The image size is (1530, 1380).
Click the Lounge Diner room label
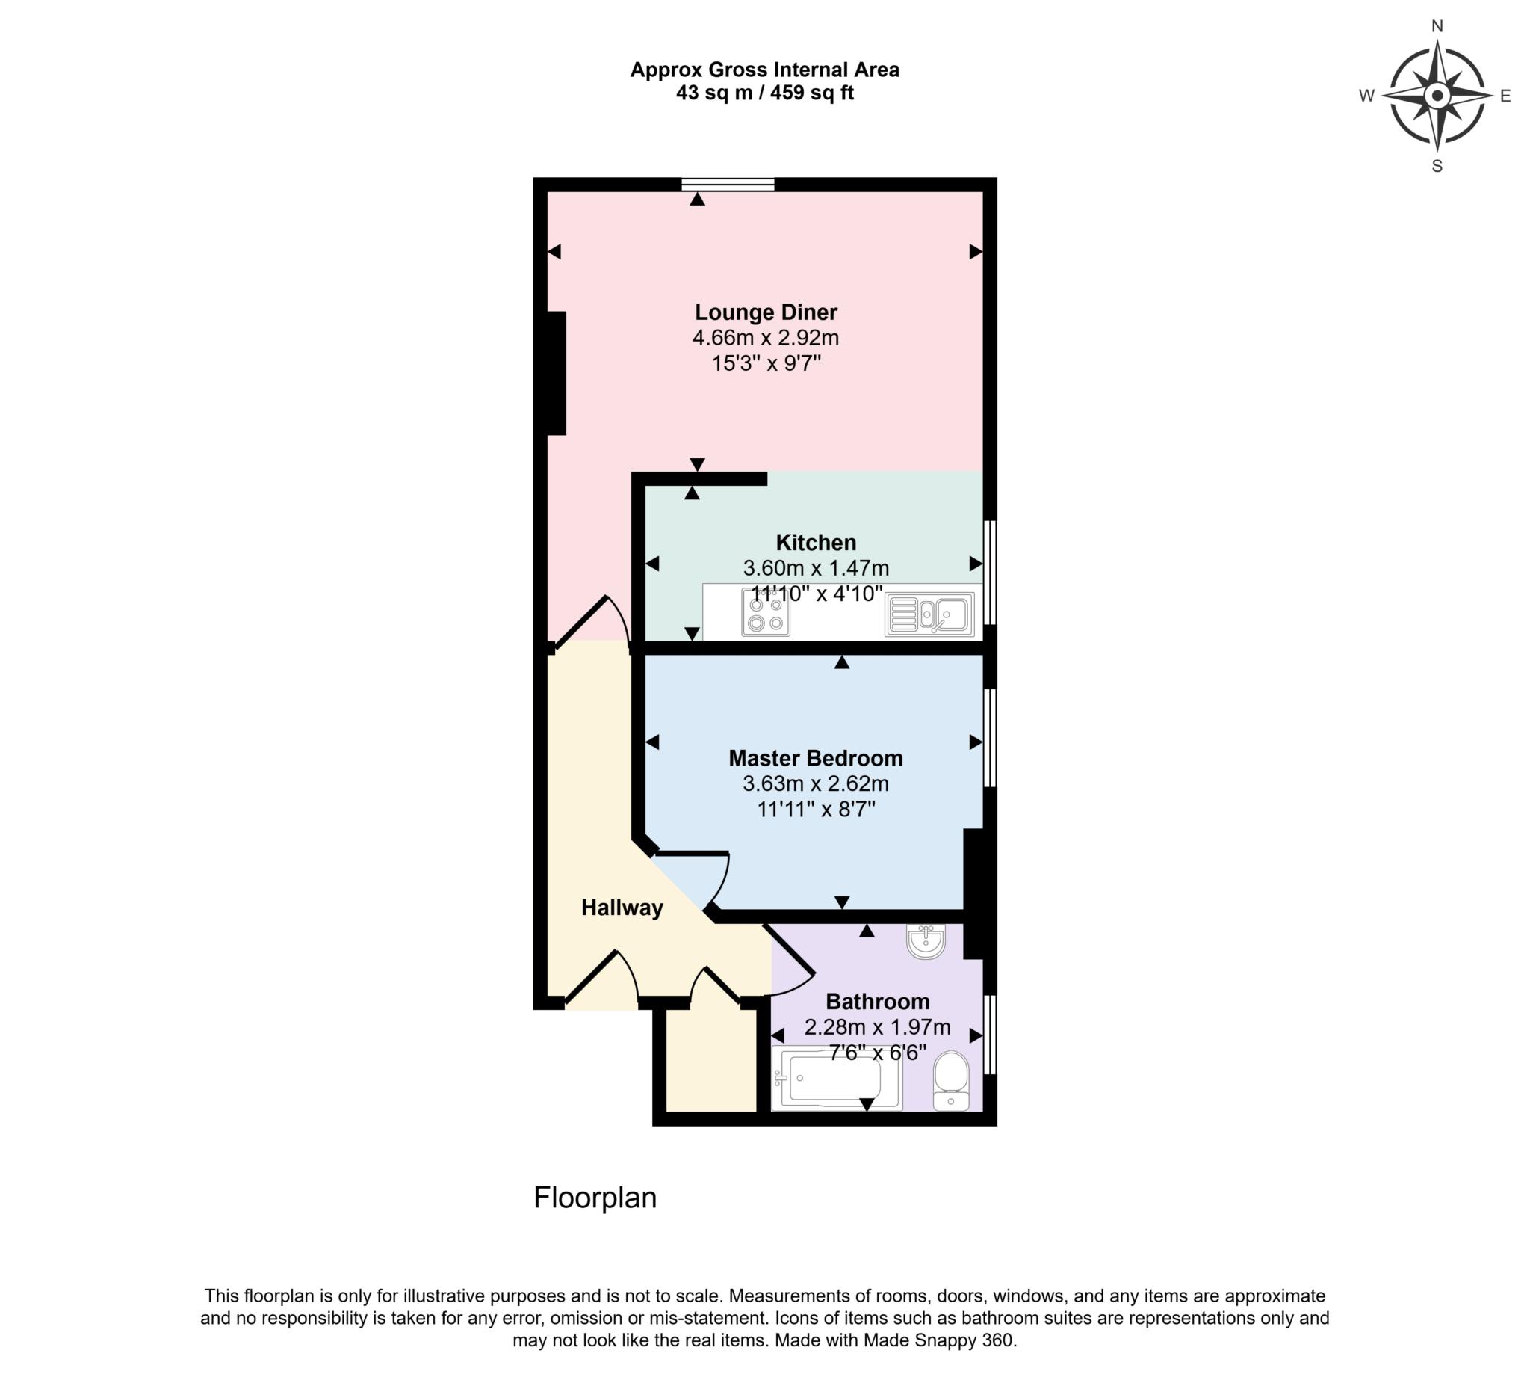click(x=766, y=312)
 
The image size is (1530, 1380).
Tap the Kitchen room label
click(x=815, y=542)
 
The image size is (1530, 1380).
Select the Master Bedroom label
click(x=815, y=757)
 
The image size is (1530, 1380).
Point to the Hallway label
click(x=622, y=908)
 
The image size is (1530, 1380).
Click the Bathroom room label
click(x=877, y=1002)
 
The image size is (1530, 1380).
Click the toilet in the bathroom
click(x=950, y=1079)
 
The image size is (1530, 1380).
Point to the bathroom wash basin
click(x=926, y=942)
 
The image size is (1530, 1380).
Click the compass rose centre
click(x=1436, y=96)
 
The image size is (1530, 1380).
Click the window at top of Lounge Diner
click(x=727, y=183)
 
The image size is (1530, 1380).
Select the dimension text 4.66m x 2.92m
click(x=766, y=337)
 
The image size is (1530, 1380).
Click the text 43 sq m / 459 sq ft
click(x=764, y=93)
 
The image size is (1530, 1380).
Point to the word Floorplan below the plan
click(x=595, y=1198)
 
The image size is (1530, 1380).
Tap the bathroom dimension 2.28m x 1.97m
click(x=877, y=1027)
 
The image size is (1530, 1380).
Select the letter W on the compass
click(x=1366, y=96)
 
